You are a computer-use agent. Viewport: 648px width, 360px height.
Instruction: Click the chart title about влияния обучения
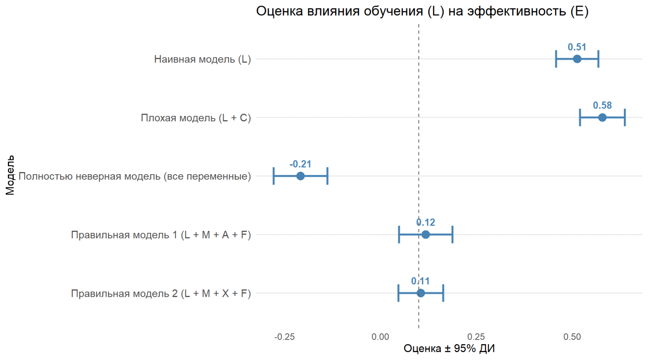click(x=422, y=11)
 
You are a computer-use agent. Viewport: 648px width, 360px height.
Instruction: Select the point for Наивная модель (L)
click(x=577, y=59)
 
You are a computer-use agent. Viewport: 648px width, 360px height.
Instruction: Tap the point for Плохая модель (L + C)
click(x=602, y=118)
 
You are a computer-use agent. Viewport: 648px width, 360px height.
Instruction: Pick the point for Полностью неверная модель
click(x=300, y=176)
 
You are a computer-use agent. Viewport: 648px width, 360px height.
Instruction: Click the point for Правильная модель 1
click(x=426, y=235)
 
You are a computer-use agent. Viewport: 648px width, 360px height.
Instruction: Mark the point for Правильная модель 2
click(x=421, y=293)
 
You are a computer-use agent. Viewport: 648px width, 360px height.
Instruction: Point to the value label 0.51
click(x=577, y=47)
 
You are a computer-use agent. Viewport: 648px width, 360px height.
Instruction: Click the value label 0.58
click(x=602, y=106)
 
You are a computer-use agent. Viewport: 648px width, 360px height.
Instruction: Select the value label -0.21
click(x=300, y=164)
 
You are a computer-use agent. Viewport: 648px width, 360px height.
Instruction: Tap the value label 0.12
click(x=426, y=223)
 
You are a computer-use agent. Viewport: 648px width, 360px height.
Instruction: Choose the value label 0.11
click(x=420, y=281)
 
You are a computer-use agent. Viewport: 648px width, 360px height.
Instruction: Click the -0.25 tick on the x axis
click(x=285, y=337)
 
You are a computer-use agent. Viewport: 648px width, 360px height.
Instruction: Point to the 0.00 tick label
click(x=380, y=337)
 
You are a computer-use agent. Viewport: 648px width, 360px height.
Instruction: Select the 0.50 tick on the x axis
click(x=572, y=337)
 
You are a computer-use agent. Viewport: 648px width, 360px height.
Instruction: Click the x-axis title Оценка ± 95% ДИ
click(x=449, y=348)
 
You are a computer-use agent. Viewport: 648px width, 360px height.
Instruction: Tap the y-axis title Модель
click(x=10, y=175)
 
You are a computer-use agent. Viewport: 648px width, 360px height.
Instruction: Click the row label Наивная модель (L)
click(x=202, y=59)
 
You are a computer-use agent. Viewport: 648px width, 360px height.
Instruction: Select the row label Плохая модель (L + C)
click(x=196, y=118)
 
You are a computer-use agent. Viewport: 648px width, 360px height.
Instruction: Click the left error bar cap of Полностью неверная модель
click(x=274, y=176)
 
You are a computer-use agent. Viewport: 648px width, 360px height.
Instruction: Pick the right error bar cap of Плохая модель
click(x=625, y=118)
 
